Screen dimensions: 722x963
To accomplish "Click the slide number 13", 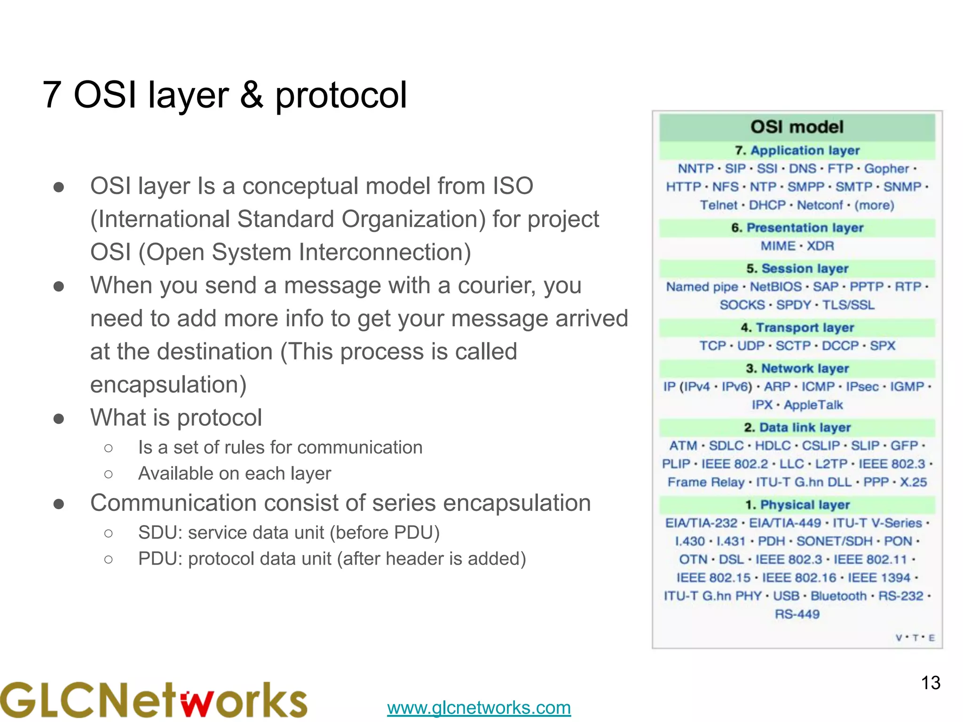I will click(x=930, y=683).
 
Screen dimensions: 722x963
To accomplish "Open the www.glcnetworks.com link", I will click(x=479, y=707).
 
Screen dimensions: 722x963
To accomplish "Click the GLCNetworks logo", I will click(x=154, y=700).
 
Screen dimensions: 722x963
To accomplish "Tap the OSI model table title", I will click(x=797, y=127).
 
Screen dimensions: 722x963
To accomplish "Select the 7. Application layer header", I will click(x=797, y=150).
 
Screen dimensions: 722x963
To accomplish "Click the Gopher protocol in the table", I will click(x=886, y=169).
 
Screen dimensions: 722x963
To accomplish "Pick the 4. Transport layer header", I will click(x=797, y=328).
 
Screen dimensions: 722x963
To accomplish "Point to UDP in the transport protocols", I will click(x=750, y=346).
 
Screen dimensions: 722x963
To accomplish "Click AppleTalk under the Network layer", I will click(x=813, y=405).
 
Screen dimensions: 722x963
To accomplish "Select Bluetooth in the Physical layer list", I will click(x=838, y=596).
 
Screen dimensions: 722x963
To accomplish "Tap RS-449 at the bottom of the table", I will click(x=797, y=614).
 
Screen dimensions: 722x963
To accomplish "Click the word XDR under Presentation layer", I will click(x=820, y=246).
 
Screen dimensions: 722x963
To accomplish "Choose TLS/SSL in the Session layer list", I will click(x=848, y=305).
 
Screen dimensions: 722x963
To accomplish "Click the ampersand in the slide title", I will click(x=252, y=95).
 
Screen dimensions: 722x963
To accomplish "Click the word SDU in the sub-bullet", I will click(x=159, y=533).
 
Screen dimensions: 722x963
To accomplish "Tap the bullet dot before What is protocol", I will click(x=59, y=418).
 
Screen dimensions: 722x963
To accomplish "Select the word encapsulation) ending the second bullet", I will click(x=168, y=385).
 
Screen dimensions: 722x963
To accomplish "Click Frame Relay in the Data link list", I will click(x=705, y=482).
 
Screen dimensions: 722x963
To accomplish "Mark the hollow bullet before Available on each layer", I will click(x=109, y=474).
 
